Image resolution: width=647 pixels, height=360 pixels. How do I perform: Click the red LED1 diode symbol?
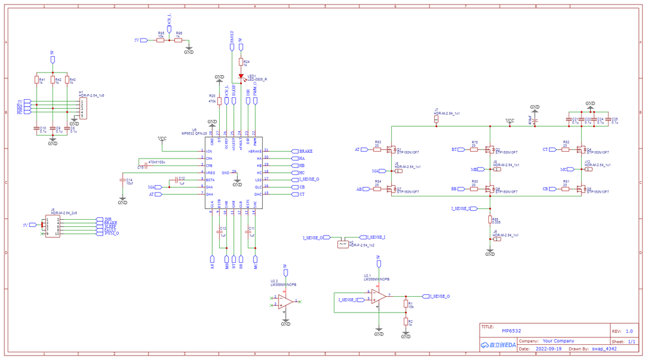click(241, 76)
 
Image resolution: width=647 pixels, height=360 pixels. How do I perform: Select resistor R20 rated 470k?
click(219, 100)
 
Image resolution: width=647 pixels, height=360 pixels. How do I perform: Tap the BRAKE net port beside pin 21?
click(294, 152)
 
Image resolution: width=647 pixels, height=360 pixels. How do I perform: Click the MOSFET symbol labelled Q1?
click(392, 150)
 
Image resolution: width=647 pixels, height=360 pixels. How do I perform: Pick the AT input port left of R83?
click(365, 150)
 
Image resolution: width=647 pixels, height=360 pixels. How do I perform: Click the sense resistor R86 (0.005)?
click(490, 220)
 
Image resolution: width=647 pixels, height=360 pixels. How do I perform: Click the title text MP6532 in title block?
click(511, 331)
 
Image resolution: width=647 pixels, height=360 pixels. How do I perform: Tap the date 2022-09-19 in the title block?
click(548, 348)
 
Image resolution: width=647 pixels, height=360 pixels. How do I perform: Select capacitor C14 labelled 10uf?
click(123, 181)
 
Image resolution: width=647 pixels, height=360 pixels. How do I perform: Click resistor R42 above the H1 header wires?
click(53, 80)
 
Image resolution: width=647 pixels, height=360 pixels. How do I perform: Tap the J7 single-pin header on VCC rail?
click(437, 118)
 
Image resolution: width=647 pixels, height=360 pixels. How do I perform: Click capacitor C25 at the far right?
click(608, 120)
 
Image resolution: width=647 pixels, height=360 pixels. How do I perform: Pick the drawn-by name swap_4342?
click(604, 348)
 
